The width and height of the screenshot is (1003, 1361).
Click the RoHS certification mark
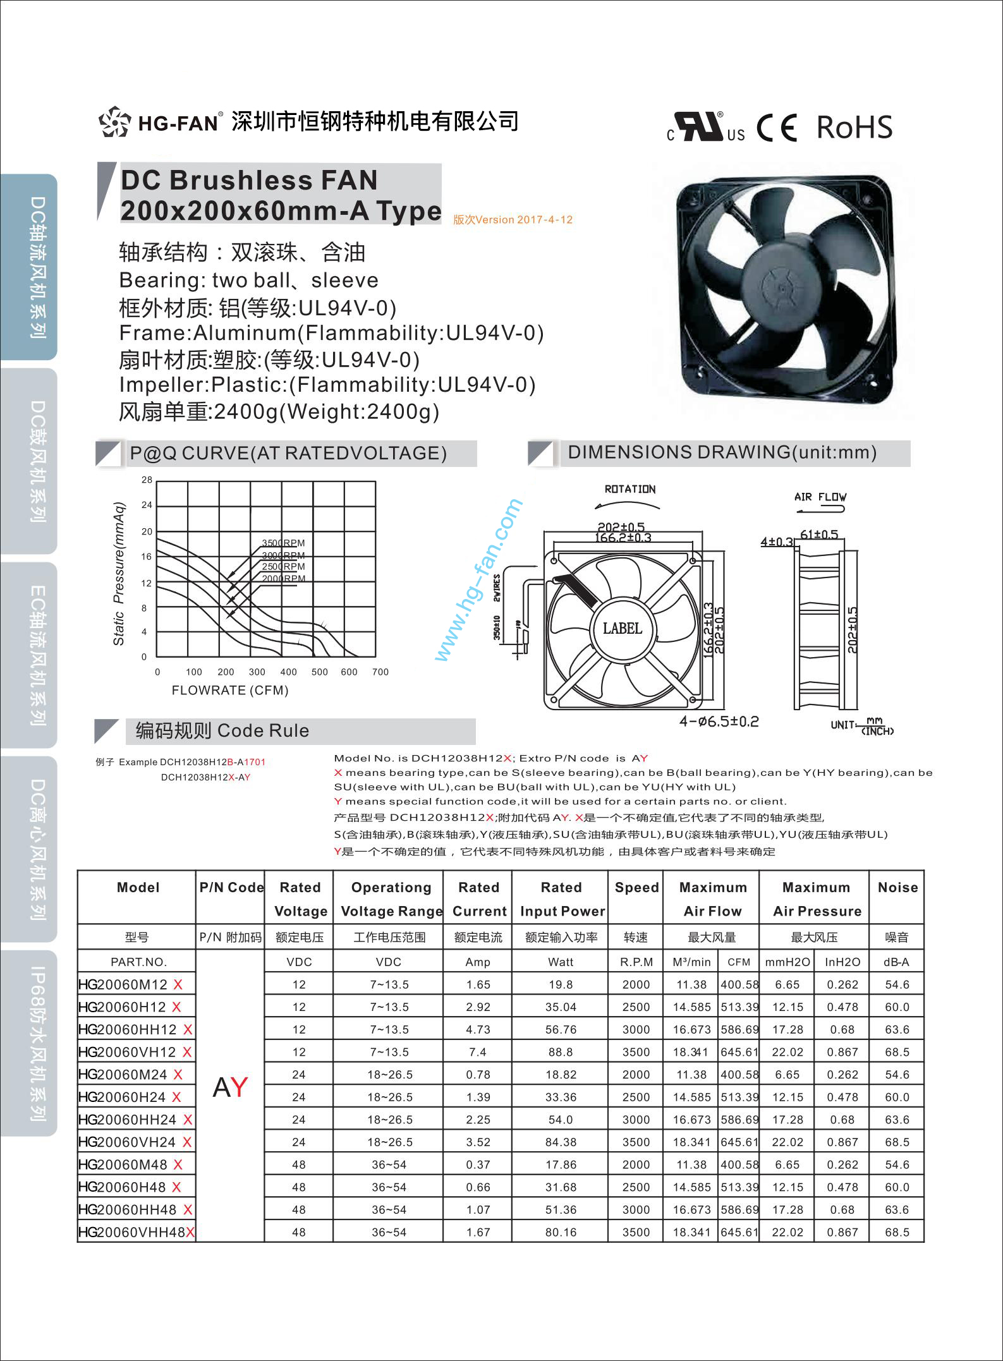coord(854,127)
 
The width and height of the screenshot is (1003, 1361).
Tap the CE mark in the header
coord(777,128)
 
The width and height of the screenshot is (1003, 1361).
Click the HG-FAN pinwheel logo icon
coord(115,121)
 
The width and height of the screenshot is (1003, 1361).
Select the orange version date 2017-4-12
coord(513,220)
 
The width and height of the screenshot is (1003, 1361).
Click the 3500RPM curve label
coord(283,543)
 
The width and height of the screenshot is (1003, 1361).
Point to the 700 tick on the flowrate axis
coord(380,672)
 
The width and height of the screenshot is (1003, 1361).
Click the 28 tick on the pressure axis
coord(147,480)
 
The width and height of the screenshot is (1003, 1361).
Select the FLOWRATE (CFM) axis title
coord(230,691)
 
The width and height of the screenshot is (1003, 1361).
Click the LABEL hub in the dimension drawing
coord(623,628)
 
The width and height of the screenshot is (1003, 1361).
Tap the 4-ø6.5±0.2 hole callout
coord(719,721)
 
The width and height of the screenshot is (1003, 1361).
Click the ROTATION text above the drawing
coord(630,489)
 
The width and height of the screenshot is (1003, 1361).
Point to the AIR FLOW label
coord(820,497)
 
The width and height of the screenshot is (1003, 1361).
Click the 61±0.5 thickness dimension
coord(818,535)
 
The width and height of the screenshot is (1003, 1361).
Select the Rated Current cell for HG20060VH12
coord(478,1052)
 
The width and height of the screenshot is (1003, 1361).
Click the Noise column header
coord(897,887)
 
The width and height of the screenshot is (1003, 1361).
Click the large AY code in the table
coord(230,1087)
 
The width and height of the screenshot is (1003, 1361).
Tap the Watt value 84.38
coord(561,1142)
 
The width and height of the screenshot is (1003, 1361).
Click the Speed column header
coord(636,887)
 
